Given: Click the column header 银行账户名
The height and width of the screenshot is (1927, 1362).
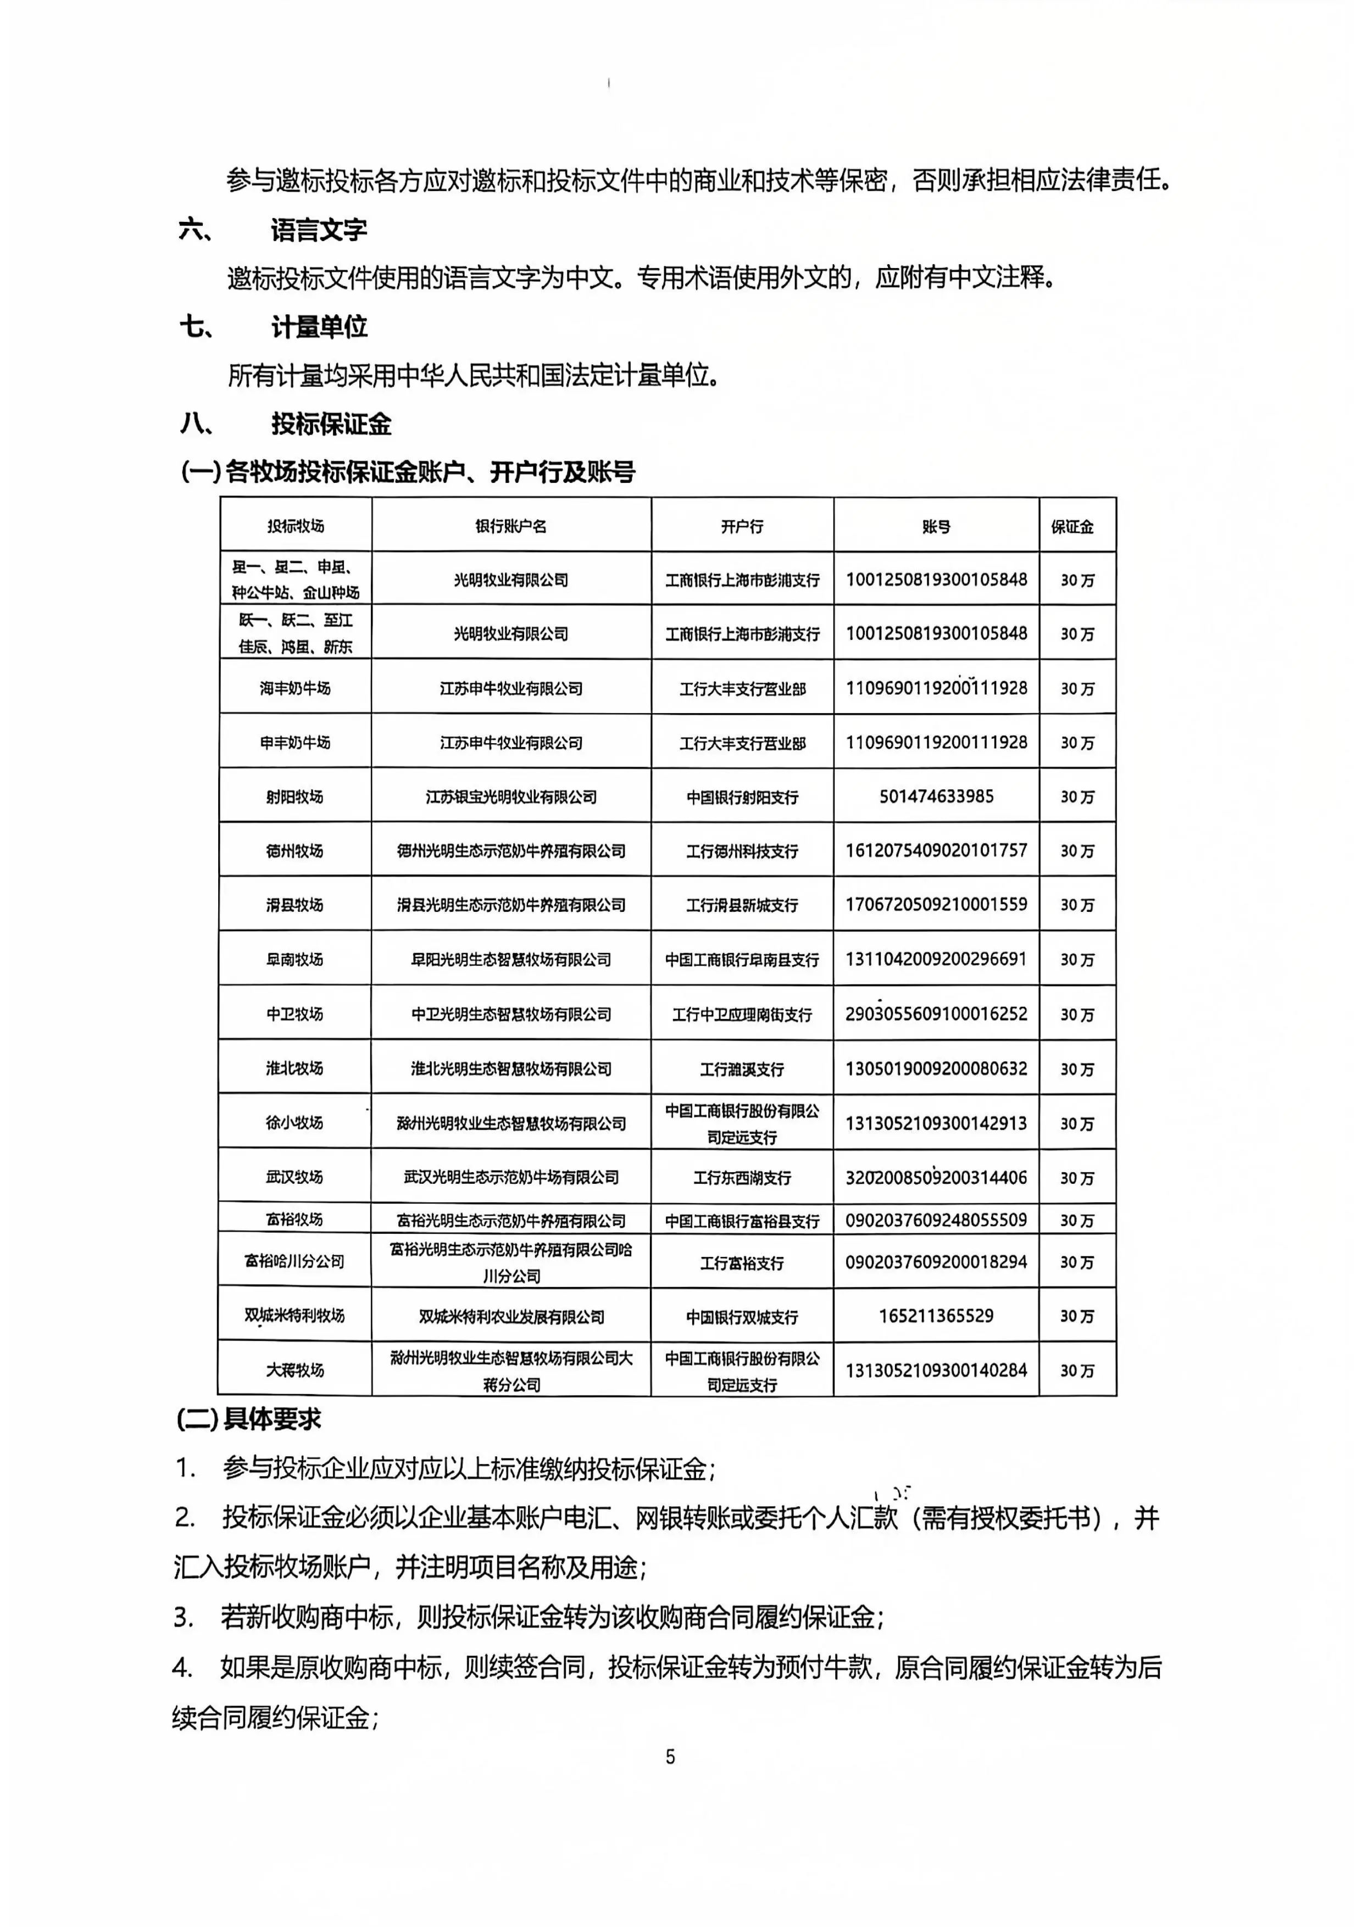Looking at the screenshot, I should tap(510, 526).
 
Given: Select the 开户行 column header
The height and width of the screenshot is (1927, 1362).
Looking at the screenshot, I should tap(742, 526).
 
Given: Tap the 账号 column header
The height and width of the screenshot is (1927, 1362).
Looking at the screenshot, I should tap(936, 526).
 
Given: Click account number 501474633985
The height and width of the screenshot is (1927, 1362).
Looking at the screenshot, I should tap(936, 795).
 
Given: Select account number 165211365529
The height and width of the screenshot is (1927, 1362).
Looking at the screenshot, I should tap(936, 1315).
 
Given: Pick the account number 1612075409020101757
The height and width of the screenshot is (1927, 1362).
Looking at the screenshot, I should tap(936, 850).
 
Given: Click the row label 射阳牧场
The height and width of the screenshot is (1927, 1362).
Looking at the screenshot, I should tap(294, 795).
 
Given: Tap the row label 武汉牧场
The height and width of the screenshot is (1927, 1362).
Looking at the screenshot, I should tap(294, 1177).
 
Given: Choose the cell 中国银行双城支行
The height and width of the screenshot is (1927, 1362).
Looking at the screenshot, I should tap(742, 1317).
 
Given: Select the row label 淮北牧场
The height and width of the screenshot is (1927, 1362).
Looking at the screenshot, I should tap(294, 1067).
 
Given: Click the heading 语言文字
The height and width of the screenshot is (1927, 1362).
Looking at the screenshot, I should tap(318, 230).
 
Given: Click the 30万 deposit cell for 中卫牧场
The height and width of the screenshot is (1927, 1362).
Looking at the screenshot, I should tap(1077, 1014).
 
